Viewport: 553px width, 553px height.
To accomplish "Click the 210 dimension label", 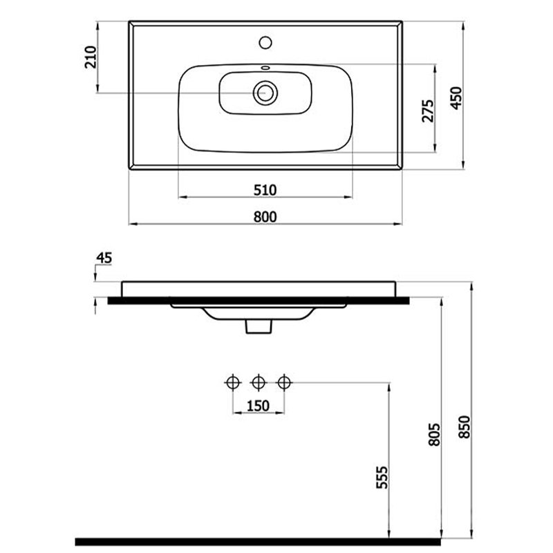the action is pos(91,57).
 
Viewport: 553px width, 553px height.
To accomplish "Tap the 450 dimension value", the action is pos(456,97).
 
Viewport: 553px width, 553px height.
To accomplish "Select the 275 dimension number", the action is pos(428,111).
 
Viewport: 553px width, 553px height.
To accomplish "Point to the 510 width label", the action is pos(265,190).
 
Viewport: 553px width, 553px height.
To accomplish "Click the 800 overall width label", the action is pos(265,216).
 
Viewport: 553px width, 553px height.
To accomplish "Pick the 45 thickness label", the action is pos(104,258).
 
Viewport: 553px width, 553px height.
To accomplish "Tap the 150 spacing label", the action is pos(258,406).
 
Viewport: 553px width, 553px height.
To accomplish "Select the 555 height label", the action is pos(382,478).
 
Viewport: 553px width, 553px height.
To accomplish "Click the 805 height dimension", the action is pos(435,435).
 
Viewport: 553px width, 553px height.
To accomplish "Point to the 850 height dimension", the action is pos(465,427).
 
